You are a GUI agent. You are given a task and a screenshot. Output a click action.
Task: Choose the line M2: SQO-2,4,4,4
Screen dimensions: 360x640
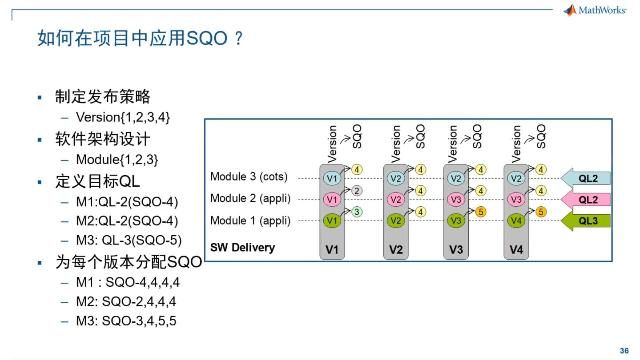click(127, 304)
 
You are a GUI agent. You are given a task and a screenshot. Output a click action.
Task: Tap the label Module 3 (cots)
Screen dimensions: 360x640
click(248, 177)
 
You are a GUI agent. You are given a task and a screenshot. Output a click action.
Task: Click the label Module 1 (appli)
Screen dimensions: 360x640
click(250, 219)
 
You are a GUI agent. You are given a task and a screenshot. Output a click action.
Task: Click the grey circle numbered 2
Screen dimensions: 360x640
click(357, 190)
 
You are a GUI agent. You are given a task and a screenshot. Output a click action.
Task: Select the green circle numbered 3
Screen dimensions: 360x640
click(357, 211)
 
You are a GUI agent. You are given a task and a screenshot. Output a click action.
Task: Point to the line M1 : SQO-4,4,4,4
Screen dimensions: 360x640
click(128, 283)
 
